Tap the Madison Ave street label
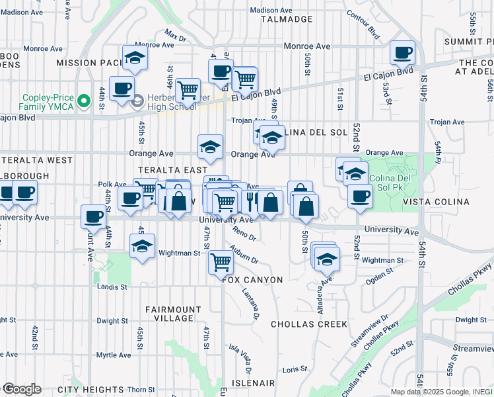[x=271, y=11]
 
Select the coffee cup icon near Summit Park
[x=402, y=52]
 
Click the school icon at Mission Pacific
[x=135, y=58]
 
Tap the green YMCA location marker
[x=83, y=101]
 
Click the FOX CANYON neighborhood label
[x=253, y=280]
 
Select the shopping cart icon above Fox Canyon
[x=221, y=262]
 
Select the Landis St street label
[x=113, y=287]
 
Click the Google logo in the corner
[x=21, y=389]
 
